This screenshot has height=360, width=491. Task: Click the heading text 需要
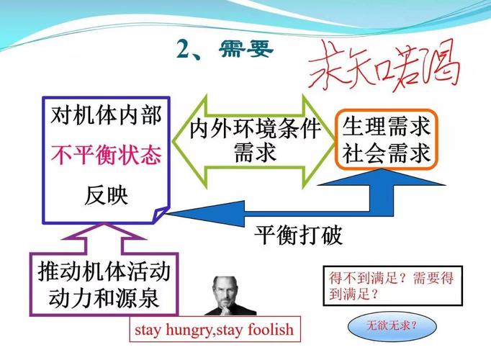point(246,50)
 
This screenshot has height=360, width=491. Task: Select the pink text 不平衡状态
point(106,155)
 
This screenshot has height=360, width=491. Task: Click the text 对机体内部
point(106,115)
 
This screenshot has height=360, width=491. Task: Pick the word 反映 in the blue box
point(106,195)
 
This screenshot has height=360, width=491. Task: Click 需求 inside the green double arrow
point(255,153)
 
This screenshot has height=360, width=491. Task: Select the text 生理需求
point(386,127)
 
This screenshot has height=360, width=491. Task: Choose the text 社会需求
point(386,153)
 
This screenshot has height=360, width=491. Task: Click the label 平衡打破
point(298,235)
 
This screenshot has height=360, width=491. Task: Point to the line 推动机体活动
point(104,271)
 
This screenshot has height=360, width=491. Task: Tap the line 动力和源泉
point(104,297)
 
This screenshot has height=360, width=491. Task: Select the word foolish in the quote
point(271,329)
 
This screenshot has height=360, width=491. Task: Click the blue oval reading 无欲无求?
point(392,326)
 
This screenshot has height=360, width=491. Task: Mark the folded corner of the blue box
point(161,215)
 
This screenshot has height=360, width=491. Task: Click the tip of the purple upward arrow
point(104,223)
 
